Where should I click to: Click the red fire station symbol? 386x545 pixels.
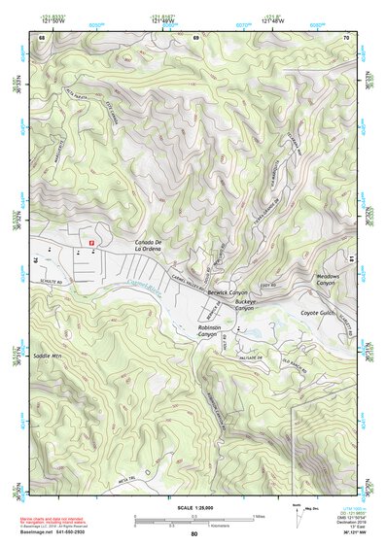coord(91,240)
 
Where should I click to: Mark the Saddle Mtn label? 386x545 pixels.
coord(48,357)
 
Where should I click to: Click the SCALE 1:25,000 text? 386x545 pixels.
coord(193,508)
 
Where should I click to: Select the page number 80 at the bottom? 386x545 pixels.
coord(193,534)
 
